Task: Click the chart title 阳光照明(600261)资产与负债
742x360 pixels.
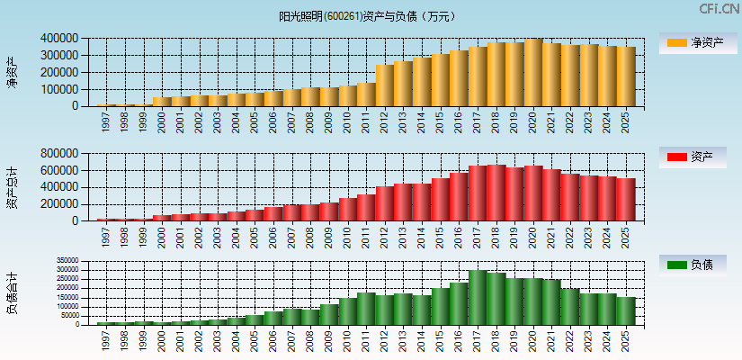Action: point(368,16)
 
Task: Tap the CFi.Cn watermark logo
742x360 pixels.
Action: point(719,9)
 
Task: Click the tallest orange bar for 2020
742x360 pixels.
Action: point(533,72)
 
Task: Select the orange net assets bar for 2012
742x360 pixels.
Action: point(385,85)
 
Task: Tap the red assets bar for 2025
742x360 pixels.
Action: point(626,199)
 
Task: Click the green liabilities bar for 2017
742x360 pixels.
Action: point(478,297)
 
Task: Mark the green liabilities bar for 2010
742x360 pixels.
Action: point(348,310)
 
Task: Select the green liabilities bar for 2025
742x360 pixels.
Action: point(626,310)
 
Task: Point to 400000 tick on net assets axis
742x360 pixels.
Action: point(58,39)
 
